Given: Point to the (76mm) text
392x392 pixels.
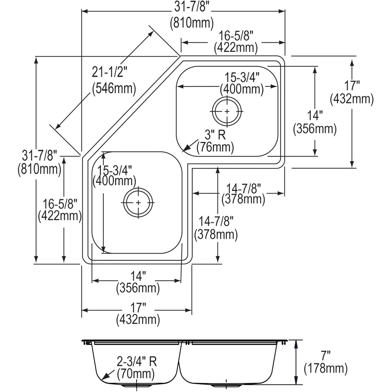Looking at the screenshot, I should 215,147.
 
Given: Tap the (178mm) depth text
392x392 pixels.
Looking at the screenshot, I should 325,369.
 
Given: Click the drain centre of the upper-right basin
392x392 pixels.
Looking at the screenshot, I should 227,111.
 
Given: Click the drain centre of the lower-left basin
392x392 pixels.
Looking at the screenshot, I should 138,203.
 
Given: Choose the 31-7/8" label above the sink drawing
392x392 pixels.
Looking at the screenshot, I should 192,7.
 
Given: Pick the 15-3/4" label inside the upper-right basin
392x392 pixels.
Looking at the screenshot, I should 242,77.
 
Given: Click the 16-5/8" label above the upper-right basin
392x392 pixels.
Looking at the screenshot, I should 236,35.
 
